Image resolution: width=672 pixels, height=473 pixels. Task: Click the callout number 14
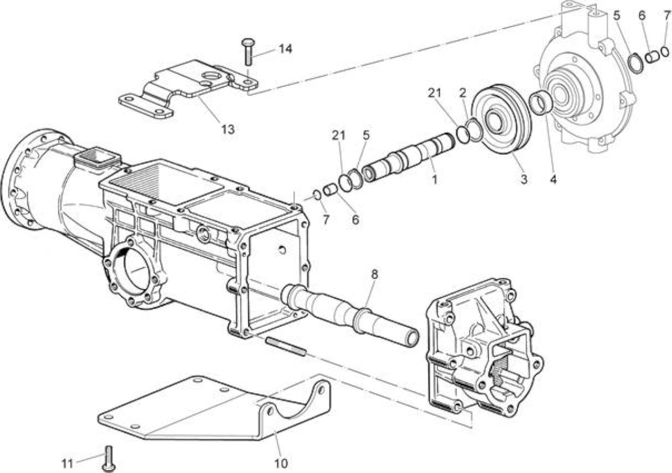point(286,49)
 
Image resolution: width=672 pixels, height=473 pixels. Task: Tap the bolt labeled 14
point(248,51)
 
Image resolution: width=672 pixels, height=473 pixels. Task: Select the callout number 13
point(228,130)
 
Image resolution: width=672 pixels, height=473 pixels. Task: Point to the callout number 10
point(281,464)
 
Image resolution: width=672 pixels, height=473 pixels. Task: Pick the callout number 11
point(68,464)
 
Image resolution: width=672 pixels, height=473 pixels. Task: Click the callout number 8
point(374,274)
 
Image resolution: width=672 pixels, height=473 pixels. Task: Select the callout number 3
point(523,180)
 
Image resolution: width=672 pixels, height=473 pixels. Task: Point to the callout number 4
point(553,180)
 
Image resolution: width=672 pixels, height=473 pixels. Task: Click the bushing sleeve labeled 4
point(539,102)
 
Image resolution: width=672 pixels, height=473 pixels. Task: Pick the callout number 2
point(463,93)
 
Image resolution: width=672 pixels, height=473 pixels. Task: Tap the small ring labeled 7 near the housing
point(317,195)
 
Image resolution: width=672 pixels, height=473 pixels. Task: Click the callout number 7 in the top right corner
point(667,16)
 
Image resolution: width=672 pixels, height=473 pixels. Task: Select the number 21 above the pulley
point(435,93)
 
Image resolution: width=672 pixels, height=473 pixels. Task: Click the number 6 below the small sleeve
point(355,220)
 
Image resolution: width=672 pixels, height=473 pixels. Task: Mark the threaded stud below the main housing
point(286,346)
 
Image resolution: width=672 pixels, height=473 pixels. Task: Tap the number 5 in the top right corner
point(616,16)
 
